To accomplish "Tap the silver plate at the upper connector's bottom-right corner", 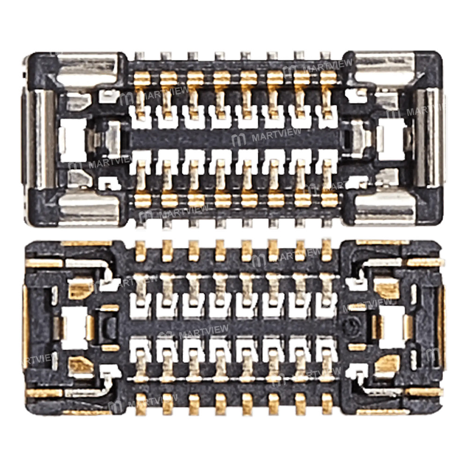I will pyautogui.click(x=384, y=208).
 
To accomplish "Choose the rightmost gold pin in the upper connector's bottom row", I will pyautogui.click(x=329, y=200).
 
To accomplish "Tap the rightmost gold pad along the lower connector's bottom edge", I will pyautogui.click(x=327, y=404).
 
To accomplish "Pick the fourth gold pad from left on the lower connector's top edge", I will pyautogui.click(x=220, y=251).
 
